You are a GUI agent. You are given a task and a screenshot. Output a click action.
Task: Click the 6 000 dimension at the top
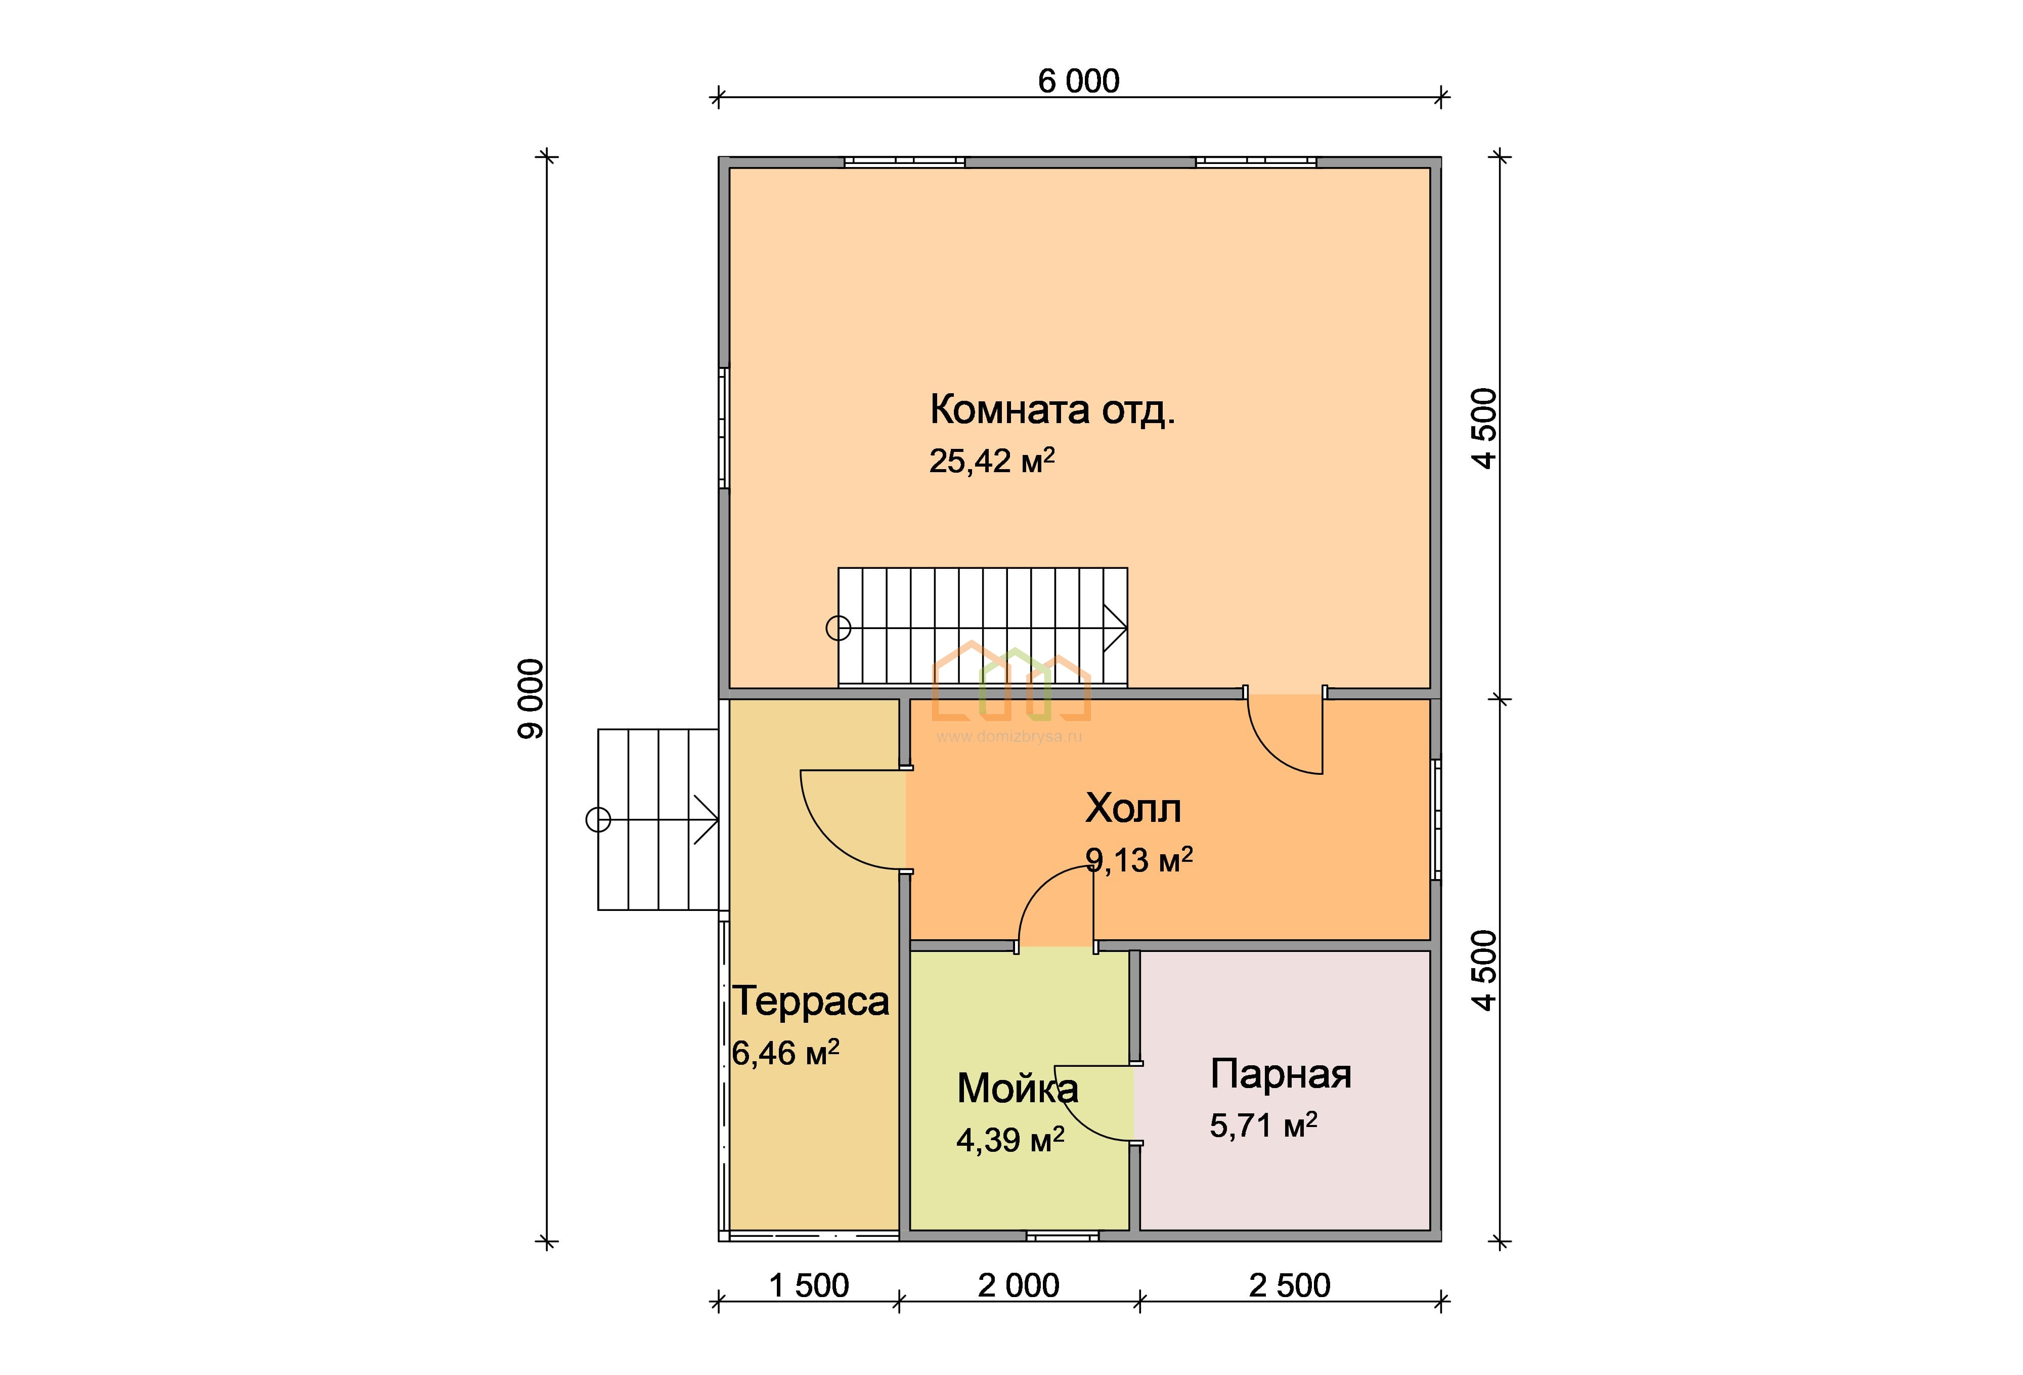[1079, 81]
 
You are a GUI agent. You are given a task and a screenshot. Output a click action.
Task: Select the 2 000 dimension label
[1019, 1285]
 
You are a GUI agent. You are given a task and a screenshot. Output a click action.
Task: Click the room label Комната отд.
[1052, 409]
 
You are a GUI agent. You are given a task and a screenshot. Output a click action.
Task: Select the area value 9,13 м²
[1138, 859]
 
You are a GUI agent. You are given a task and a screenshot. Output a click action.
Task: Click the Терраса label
[810, 1002]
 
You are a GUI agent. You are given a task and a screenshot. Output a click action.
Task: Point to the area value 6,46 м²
[785, 1053]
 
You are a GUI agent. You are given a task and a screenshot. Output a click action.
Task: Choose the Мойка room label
[1018, 1089]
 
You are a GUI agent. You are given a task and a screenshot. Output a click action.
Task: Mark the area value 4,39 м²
[1010, 1140]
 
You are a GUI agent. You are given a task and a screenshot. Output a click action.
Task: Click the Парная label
[1281, 1074]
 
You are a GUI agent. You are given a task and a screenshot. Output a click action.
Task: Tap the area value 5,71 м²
[1263, 1125]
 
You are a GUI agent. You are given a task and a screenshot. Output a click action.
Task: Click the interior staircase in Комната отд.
[983, 627]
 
